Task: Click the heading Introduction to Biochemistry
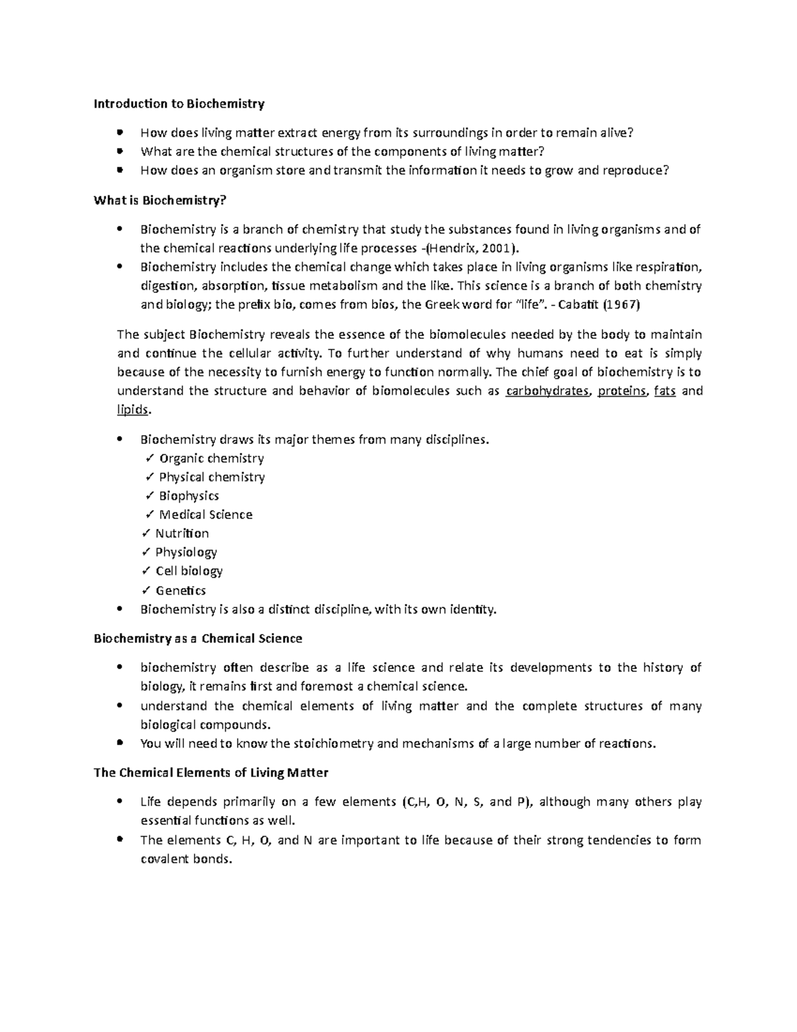[179, 104]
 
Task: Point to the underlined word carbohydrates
[547, 391]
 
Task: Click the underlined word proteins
[622, 391]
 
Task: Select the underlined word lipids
[133, 410]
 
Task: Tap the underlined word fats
[665, 391]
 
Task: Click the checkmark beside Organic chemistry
[149, 459]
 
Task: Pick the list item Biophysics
[189, 496]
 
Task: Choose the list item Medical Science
[205, 515]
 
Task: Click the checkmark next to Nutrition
[145, 534]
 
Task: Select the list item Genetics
[181, 591]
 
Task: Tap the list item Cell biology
[189, 571]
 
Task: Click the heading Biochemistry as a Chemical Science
[198, 639]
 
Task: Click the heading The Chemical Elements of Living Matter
[211, 773]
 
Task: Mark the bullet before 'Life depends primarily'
[120, 801]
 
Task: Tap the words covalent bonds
[187, 859]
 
